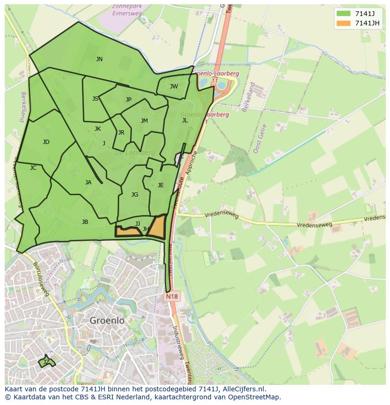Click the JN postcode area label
click(x=99, y=59)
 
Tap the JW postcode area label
click(x=174, y=87)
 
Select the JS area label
click(x=96, y=99)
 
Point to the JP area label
click(x=129, y=100)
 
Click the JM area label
click(x=144, y=121)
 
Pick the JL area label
click(x=185, y=120)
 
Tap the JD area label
click(x=46, y=142)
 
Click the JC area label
click(x=33, y=168)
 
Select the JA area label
click(x=88, y=183)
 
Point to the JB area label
click(x=85, y=222)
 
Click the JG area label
click(x=135, y=195)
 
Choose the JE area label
click(x=161, y=185)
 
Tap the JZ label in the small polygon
click(x=46, y=362)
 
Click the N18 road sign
click(x=171, y=297)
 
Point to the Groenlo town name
click(x=107, y=320)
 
